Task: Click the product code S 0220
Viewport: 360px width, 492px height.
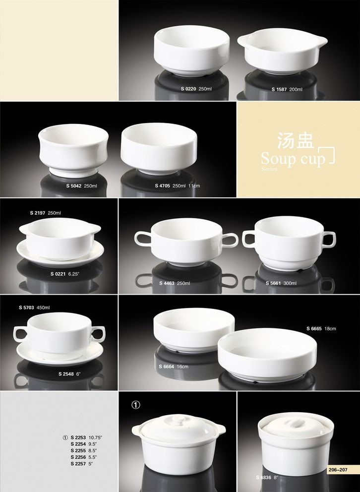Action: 188,89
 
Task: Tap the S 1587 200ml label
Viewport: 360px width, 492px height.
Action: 287,89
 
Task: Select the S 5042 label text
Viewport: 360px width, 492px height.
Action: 74,186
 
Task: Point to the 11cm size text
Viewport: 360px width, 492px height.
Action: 194,186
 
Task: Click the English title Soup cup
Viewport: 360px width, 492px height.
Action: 293,158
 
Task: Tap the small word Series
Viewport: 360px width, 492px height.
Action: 269,169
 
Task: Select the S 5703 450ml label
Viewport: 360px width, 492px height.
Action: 34,307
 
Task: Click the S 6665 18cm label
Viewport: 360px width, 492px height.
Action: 321,328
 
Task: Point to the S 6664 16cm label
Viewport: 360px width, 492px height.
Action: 174,367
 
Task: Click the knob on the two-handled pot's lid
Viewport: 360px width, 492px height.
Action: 178,420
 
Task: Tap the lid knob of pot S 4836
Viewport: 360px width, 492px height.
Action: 296,423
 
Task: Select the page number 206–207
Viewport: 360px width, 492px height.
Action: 338,470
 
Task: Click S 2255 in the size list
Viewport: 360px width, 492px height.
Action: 78,450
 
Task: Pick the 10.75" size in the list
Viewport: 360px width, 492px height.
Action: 96,437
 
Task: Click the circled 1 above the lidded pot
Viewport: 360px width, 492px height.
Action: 135,405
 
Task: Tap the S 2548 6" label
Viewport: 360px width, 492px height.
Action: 69,374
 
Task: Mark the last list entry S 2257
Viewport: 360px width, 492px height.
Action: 78,464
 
